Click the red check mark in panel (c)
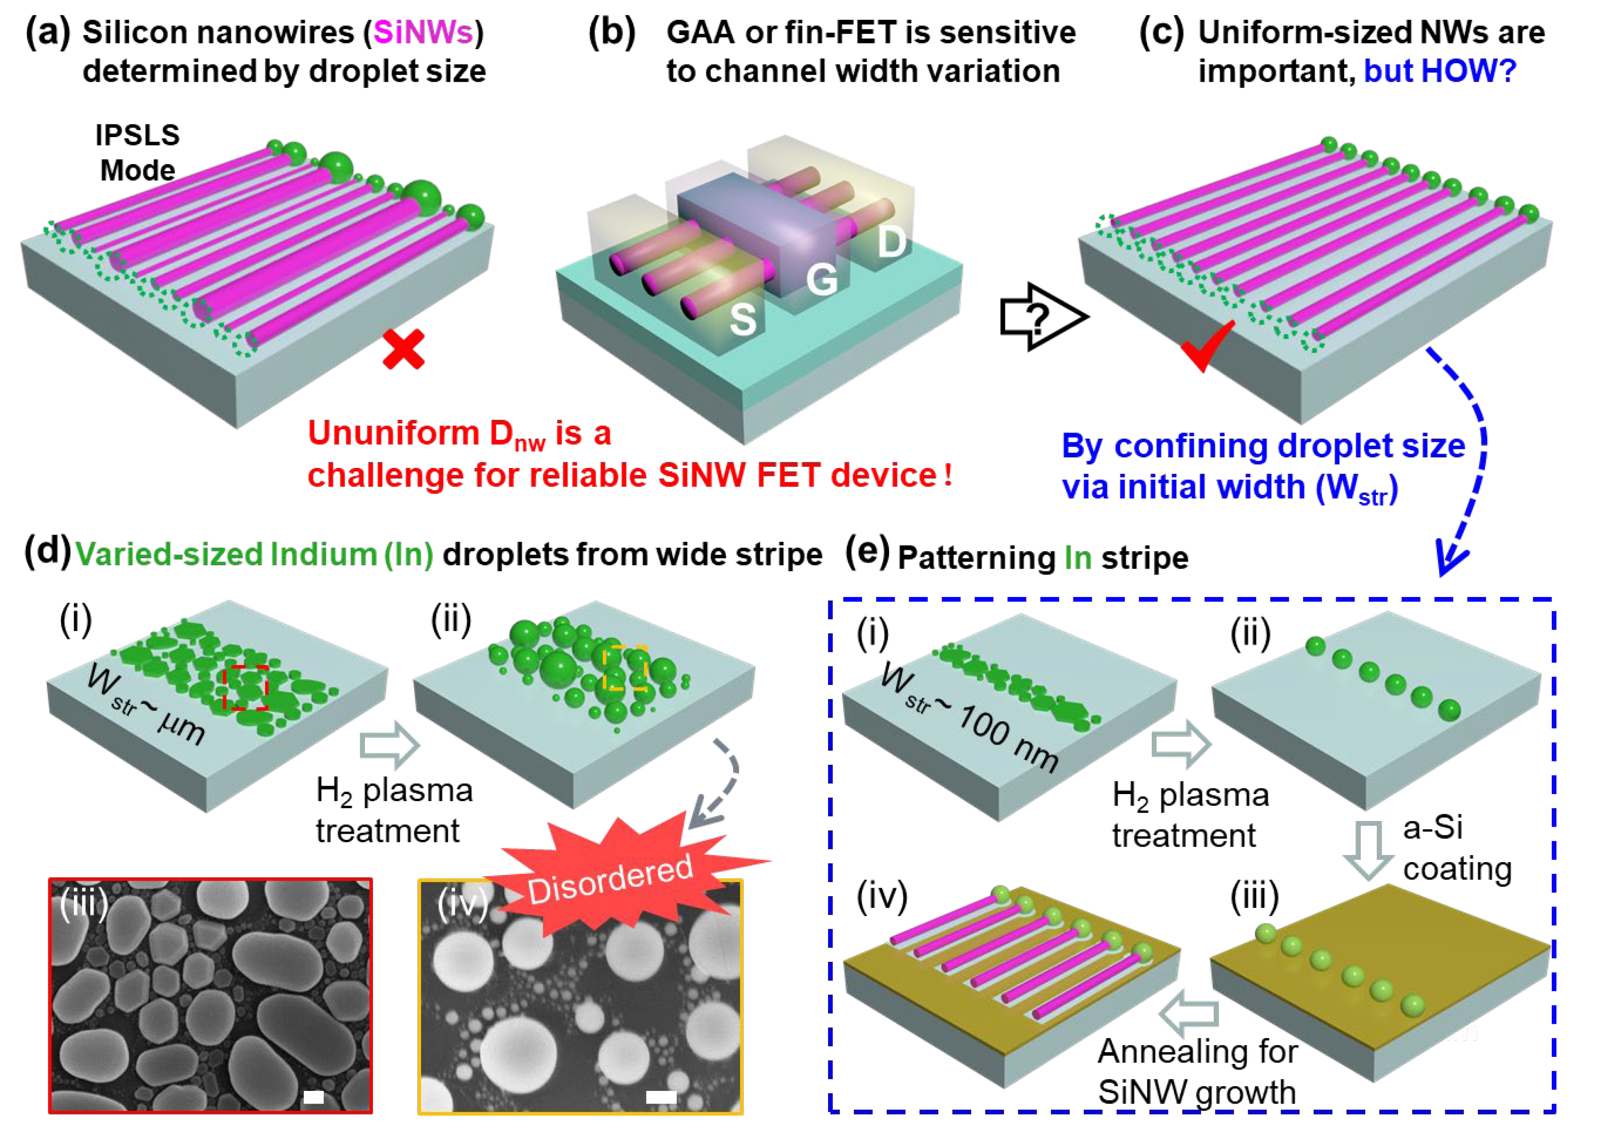click(1207, 346)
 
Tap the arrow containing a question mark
click(1043, 317)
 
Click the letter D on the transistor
click(892, 242)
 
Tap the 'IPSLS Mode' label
click(138, 153)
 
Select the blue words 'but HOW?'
click(1439, 71)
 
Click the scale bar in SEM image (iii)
click(314, 1097)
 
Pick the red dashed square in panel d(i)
click(245, 687)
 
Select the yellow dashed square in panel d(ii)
click(626, 667)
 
